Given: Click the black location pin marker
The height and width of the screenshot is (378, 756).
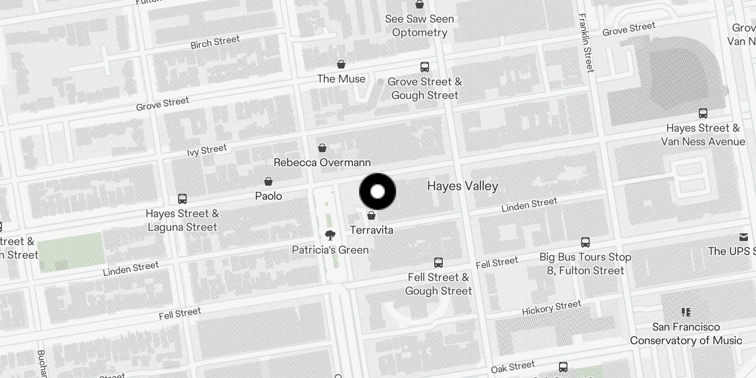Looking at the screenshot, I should (378, 191).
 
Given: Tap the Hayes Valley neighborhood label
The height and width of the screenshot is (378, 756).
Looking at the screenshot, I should (463, 186).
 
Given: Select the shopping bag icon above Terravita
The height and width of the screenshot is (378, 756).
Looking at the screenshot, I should (371, 215).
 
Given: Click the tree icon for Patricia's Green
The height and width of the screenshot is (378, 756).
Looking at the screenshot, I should (330, 235).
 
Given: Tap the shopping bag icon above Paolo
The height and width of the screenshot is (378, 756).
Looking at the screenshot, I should (268, 181).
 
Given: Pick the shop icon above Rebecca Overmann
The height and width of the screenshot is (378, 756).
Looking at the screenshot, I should (322, 148).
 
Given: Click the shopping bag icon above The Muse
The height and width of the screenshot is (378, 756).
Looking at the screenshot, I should (341, 64).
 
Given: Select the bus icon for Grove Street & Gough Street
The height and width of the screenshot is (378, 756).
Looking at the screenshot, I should (425, 67).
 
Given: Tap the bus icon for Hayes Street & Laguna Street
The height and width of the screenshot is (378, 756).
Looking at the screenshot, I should (182, 199).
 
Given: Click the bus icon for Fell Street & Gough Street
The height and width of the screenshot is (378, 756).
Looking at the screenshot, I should (438, 263).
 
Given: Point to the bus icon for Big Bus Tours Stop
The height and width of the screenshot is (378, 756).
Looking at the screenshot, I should (585, 242).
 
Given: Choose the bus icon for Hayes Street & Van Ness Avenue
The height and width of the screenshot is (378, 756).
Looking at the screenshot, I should (703, 113).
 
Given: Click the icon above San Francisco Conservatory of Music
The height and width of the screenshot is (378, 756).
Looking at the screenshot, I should (686, 312).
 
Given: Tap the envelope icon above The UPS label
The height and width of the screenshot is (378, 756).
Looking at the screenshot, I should (744, 237).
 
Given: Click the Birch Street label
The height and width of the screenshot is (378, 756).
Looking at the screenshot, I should (215, 42).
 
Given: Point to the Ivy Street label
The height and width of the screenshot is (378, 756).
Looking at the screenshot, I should (207, 150).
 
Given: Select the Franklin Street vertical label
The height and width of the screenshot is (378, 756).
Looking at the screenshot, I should (586, 43).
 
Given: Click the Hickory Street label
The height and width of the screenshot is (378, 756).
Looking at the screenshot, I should (551, 308).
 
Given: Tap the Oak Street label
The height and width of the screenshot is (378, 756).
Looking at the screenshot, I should (513, 366).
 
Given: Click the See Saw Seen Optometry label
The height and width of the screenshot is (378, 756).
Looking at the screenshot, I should (420, 26).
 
